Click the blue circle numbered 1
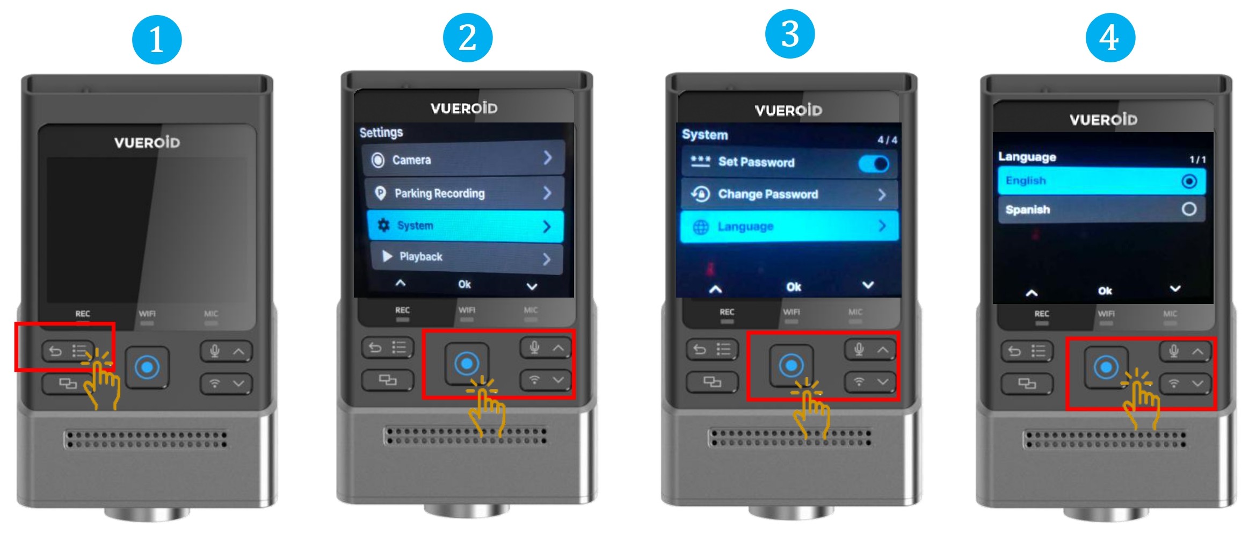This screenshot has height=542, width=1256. (x=157, y=39)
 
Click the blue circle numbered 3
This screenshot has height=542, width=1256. (x=789, y=34)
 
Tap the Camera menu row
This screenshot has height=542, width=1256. (x=464, y=159)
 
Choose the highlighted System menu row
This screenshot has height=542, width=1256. (x=466, y=226)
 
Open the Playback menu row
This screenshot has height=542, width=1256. (x=467, y=257)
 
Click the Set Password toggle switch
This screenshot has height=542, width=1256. (x=874, y=163)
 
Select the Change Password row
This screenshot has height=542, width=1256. (x=789, y=194)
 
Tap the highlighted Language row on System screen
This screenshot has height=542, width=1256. (x=789, y=226)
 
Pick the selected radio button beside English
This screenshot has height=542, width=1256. (x=1189, y=182)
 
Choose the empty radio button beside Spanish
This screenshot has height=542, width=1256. (x=1189, y=209)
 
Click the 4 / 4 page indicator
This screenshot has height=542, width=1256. (x=887, y=140)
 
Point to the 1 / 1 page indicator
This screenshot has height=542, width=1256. (x=1197, y=160)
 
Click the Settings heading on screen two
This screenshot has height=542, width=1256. (x=381, y=132)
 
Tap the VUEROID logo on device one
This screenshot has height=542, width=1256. (x=147, y=142)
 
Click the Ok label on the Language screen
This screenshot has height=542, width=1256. (x=1105, y=291)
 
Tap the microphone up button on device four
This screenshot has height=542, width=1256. (x=1185, y=351)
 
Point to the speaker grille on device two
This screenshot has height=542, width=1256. (x=466, y=436)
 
